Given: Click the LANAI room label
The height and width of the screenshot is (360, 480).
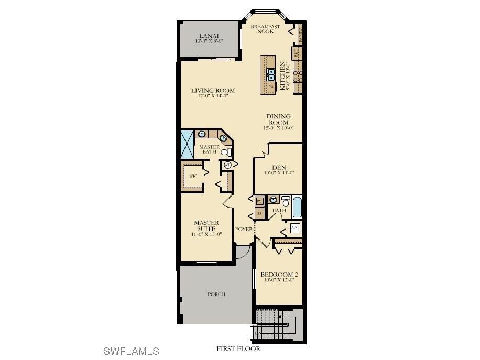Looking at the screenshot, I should click(209, 35).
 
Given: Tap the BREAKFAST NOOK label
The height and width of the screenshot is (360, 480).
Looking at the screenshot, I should click(265, 29).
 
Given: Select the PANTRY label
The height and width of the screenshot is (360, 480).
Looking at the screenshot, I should click(300, 35).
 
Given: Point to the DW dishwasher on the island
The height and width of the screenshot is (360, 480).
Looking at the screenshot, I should click(270, 86).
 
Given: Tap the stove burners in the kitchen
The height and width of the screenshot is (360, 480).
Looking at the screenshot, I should click(298, 77).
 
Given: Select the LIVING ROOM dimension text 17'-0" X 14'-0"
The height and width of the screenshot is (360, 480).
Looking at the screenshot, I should click(213, 96).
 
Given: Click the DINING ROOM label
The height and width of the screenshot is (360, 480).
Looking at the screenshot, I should click(278, 119).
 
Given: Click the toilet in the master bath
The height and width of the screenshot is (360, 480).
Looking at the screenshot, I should click(225, 152).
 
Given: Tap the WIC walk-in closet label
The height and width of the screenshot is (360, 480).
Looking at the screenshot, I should click(193, 177).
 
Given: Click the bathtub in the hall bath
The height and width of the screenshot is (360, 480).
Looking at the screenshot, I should click(297, 207).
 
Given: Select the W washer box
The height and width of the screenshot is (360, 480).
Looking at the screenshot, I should click(259, 201).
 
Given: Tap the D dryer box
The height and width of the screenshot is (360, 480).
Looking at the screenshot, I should click(259, 213).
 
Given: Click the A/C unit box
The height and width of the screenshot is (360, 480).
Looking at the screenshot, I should click(295, 227).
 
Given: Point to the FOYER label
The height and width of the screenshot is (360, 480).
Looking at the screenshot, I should click(244, 229).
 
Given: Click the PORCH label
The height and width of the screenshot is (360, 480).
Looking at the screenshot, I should click(216, 294).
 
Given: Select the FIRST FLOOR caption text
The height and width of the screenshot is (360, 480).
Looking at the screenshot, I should click(238, 348).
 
